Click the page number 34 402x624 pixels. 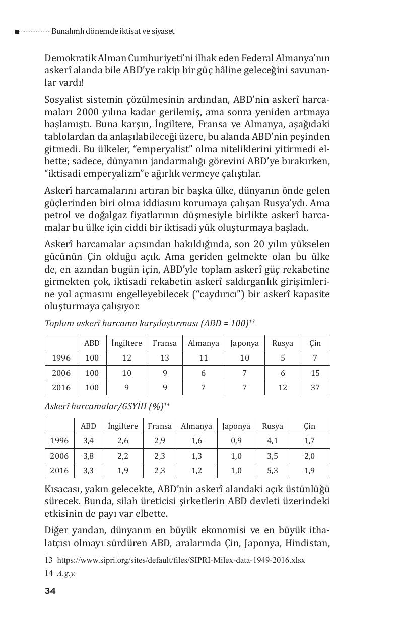[50, 591]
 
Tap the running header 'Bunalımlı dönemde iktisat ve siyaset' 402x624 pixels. [113, 31]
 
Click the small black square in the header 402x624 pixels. [17, 32]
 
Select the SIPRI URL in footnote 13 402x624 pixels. [181, 560]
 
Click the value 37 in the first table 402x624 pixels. [315, 388]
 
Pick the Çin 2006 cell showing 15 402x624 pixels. [315, 373]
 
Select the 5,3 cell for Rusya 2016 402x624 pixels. [273, 471]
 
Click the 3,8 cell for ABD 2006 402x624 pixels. [88, 456]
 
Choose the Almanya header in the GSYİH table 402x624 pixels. [196, 426]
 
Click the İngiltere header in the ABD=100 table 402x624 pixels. [126, 343]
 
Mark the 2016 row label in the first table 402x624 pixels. [61, 388]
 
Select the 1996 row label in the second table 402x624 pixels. [59, 441]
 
